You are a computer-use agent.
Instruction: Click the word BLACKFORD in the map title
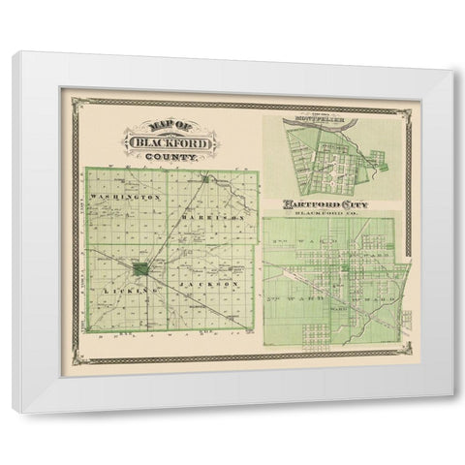pos(160,141)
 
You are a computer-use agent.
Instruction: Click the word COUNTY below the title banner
pos(170,156)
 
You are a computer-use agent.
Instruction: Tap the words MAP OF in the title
pos(145,126)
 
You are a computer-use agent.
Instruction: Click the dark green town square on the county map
pos(142,267)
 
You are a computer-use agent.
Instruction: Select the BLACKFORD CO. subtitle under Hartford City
pos(328,215)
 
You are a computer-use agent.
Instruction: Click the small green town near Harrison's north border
pos(206,179)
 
